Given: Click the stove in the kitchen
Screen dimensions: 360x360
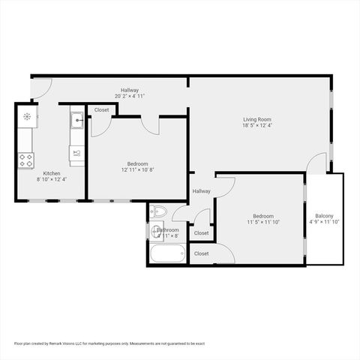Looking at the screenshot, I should coord(26,159).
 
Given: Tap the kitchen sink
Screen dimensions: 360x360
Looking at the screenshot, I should coord(77,120).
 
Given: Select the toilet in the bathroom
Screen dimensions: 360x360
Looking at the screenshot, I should coord(158,211).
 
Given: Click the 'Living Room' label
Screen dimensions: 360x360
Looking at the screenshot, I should coord(256,119).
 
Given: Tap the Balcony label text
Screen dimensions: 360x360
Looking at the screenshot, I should coord(325,215).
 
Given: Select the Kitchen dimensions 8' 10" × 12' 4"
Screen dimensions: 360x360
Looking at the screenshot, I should coord(52,179).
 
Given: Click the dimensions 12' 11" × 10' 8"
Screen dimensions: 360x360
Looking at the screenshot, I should coord(136,169).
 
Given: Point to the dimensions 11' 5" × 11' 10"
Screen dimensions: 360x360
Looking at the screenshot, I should coord(262,222).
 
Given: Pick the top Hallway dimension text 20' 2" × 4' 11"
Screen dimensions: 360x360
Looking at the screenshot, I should coord(129,96).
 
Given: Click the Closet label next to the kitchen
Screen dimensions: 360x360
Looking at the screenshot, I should coord(101,110).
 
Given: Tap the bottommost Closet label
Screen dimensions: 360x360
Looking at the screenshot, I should coord(201,253).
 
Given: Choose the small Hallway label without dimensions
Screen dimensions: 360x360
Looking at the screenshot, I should coord(201,191).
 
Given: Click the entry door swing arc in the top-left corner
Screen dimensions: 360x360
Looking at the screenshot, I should coord(43,86).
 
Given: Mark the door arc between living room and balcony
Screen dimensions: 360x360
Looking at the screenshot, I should coord(318,163).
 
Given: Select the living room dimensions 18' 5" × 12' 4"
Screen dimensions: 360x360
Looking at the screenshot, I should coord(256,126).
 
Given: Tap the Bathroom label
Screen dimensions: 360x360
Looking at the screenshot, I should coord(168,229).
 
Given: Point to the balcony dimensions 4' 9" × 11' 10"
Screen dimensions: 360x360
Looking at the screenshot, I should coord(325,222).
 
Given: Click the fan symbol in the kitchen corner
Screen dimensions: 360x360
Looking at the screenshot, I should coord(27,116).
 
